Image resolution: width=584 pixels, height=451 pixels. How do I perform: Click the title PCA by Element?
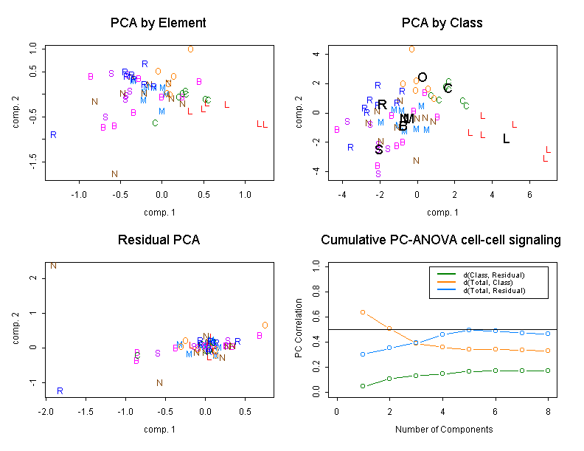click(158, 23)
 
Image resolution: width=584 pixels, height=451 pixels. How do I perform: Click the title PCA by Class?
click(442, 23)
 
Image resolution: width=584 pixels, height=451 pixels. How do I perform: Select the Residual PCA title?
click(158, 240)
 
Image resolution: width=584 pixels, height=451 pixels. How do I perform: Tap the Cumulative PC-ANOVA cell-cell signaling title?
click(442, 240)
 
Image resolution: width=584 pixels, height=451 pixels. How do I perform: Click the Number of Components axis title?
click(442, 429)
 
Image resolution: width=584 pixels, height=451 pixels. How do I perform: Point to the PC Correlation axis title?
click(298, 329)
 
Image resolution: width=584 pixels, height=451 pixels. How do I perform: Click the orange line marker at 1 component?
click(363, 312)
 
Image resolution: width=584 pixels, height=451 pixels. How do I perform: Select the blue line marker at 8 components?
click(546, 334)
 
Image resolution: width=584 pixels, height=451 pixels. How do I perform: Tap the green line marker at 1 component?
click(363, 386)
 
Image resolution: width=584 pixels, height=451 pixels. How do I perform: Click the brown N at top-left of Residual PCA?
click(53, 266)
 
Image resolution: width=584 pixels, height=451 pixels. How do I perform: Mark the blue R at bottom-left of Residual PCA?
click(60, 390)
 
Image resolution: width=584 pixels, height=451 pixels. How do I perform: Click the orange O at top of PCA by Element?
click(190, 49)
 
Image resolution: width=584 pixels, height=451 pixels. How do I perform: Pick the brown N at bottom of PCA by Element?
click(114, 174)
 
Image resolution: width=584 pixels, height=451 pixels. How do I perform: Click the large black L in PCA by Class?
click(506, 139)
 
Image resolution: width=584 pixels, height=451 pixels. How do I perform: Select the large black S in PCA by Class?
click(378, 149)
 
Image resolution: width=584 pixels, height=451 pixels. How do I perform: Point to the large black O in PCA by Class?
click(423, 78)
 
